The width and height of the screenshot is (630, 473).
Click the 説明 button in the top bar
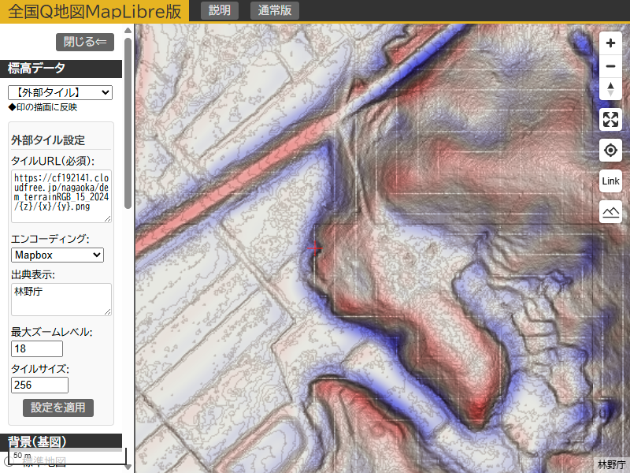click(220, 10)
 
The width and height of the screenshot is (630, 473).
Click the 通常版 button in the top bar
click(275, 10)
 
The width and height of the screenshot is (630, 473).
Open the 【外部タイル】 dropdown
click(60, 92)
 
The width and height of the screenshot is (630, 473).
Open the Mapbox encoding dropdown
click(57, 255)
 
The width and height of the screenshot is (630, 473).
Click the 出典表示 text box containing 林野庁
click(61, 299)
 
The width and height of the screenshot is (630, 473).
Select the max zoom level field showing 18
click(37, 348)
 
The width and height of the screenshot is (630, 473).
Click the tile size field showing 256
click(39, 385)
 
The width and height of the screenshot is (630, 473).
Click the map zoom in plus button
click(610, 43)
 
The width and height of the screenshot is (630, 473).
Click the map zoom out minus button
click(610, 66)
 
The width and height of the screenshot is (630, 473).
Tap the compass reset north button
click(610, 89)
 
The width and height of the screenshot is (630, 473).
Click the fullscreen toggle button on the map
click(610, 120)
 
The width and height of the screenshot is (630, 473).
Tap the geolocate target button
click(610, 151)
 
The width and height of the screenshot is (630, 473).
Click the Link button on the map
click(610, 181)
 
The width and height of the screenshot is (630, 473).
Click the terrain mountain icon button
click(610, 212)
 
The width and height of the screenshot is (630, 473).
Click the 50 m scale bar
click(68, 456)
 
